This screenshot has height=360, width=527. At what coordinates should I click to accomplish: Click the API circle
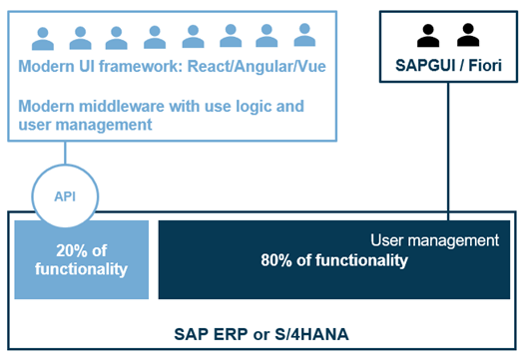click(x=65, y=195)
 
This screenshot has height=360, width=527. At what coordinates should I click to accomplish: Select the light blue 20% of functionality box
click(x=81, y=259)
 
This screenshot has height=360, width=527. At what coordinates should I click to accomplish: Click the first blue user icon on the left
click(x=43, y=39)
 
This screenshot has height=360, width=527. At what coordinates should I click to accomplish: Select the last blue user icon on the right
click(x=303, y=39)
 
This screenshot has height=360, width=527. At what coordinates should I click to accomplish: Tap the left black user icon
click(x=428, y=36)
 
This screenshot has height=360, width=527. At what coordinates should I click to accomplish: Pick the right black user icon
click(x=466, y=36)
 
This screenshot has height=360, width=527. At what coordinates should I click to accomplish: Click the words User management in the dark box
click(x=433, y=240)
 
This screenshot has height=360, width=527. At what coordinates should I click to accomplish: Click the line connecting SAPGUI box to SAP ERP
click(x=447, y=150)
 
